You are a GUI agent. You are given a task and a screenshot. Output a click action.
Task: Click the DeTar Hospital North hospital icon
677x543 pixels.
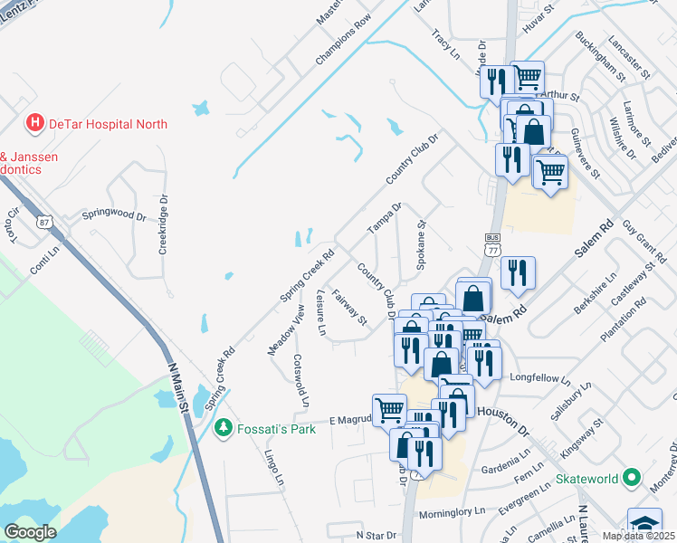[x=34, y=123]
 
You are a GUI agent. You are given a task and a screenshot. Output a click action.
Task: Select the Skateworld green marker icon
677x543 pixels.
[x=632, y=478]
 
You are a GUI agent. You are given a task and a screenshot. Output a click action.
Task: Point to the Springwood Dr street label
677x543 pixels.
[x=114, y=216]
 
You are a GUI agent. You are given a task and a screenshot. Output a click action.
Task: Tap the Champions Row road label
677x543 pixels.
[x=344, y=41]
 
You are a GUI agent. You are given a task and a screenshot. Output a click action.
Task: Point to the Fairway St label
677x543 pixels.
[x=348, y=307]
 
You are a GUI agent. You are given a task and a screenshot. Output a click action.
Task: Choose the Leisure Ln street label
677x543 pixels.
[x=320, y=312]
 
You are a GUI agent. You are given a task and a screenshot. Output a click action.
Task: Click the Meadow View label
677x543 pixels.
[x=286, y=330]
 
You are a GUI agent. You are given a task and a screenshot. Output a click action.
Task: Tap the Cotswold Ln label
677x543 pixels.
[x=302, y=380]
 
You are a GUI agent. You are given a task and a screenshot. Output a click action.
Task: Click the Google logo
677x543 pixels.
[x=30, y=532]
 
